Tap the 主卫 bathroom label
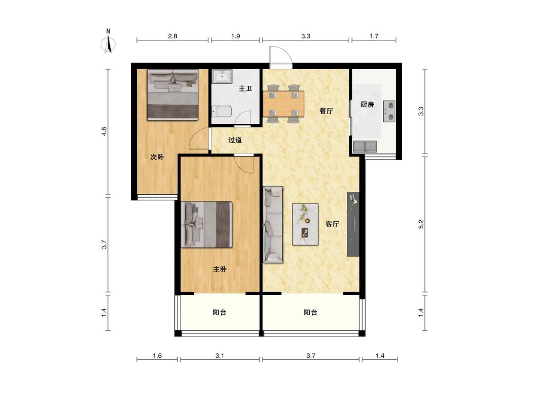pyautogui.click(x=245, y=89)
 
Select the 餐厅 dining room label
pyautogui.click(x=326, y=110)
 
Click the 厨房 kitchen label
pyautogui.click(x=367, y=104)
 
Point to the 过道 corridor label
pyautogui.click(x=235, y=140)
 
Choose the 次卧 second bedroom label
pyautogui.click(x=157, y=157)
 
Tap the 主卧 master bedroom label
pyautogui.click(x=219, y=269)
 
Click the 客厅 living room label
pyautogui.click(x=332, y=224)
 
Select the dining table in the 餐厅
pyautogui.click(x=283, y=104)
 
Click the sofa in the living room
pyautogui.click(x=273, y=225)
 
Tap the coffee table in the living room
pyautogui.click(x=305, y=224)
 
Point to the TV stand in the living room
pyautogui.click(x=353, y=224)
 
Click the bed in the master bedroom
pyautogui.click(x=207, y=225)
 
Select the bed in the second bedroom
pyautogui.click(x=172, y=95)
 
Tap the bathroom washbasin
pyautogui.click(x=222, y=76)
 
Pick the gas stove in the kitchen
pyautogui.click(x=389, y=111)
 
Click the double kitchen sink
pyautogui.click(x=365, y=146)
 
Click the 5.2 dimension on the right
pyautogui.click(x=421, y=224)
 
